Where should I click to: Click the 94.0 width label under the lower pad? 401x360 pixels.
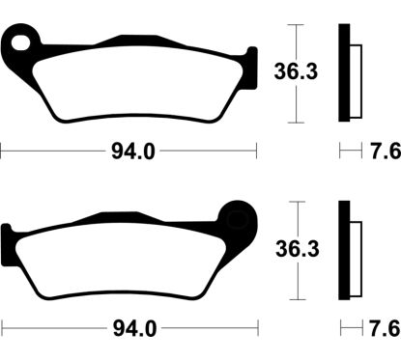tap(129, 329)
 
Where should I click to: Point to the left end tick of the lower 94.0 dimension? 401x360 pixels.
tap(3, 329)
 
